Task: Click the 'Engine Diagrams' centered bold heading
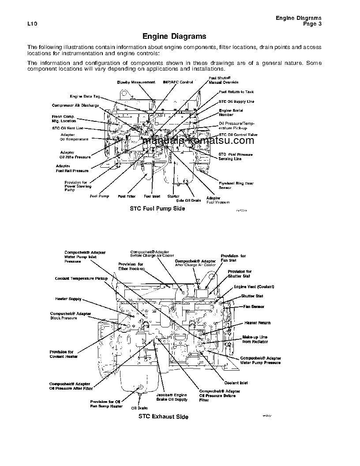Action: click(x=174, y=37)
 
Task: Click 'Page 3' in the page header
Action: click(x=312, y=24)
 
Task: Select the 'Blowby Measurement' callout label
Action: click(x=136, y=82)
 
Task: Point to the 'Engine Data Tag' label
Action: click(x=85, y=96)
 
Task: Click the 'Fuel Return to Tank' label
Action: click(x=236, y=92)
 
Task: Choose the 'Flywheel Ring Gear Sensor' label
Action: click(x=236, y=185)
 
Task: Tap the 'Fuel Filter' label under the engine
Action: click(x=127, y=196)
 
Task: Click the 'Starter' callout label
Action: click(x=173, y=196)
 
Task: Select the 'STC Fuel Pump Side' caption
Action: click(x=157, y=208)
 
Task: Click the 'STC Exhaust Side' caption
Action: click(x=163, y=417)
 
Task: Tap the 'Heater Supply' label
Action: click(x=68, y=299)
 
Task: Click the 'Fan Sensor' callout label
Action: click(x=254, y=306)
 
